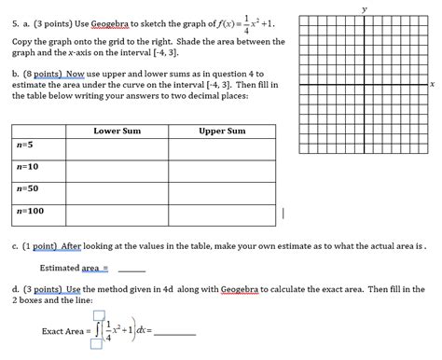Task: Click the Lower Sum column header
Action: pyautogui.click(x=117, y=132)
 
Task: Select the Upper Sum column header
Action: pyautogui.click(x=222, y=132)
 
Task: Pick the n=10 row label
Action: pyautogui.click(x=27, y=168)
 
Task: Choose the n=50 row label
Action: pyautogui.click(x=27, y=190)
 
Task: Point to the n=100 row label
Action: pyautogui.click(x=30, y=212)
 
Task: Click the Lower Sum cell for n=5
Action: pyautogui.click(x=117, y=147)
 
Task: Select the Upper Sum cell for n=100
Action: pyautogui.click(x=222, y=213)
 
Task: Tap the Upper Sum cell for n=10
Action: pyautogui.click(x=222, y=169)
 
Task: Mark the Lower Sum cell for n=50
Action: pyautogui.click(x=117, y=191)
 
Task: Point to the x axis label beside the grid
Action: pyautogui.click(x=433, y=85)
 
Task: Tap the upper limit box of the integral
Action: pyautogui.click(x=98, y=316)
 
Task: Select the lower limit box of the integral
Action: pyautogui.click(x=96, y=345)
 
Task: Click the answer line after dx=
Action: pyautogui.click(x=177, y=332)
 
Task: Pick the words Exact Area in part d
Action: pyautogui.click(x=63, y=331)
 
